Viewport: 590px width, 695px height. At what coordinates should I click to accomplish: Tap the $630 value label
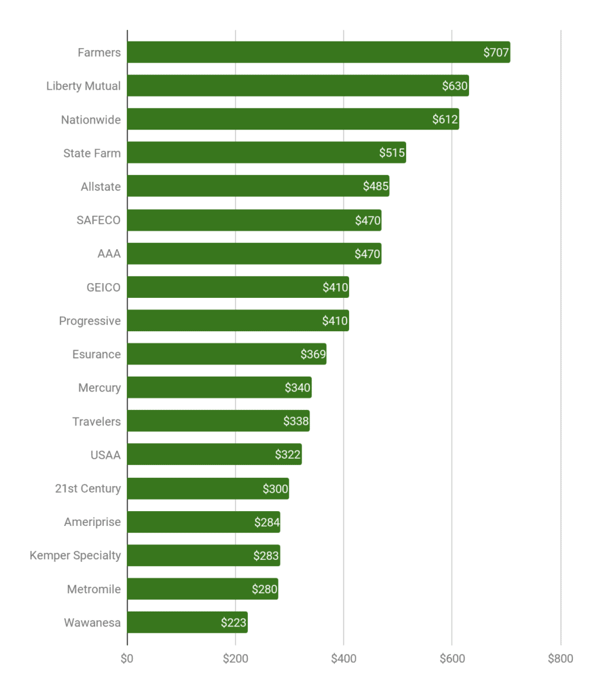(x=455, y=86)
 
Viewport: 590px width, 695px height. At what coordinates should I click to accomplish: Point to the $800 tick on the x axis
(x=560, y=658)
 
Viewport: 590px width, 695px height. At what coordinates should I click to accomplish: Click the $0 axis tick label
(x=127, y=658)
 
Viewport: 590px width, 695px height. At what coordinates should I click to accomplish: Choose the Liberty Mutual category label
(x=84, y=86)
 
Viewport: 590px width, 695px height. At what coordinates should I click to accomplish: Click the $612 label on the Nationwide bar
(x=445, y=119)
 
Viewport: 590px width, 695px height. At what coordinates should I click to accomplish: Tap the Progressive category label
(x=90, y=321)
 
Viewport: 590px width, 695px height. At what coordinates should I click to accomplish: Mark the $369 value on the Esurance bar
(x=313, y=354)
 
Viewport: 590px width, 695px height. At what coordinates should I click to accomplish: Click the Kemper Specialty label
(x=75, y=555)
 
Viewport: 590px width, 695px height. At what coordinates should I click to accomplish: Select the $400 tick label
(x=344, y=658)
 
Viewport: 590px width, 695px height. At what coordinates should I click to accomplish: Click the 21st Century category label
(x=88, y=488)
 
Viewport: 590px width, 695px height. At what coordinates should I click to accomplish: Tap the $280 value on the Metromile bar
(x=265, y=589)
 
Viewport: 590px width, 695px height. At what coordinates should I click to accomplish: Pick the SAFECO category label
(x=99, y=220)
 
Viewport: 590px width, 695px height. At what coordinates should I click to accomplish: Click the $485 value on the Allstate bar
(x=375, y=187)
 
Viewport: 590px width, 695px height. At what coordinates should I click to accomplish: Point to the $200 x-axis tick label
(x=236, y=658)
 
